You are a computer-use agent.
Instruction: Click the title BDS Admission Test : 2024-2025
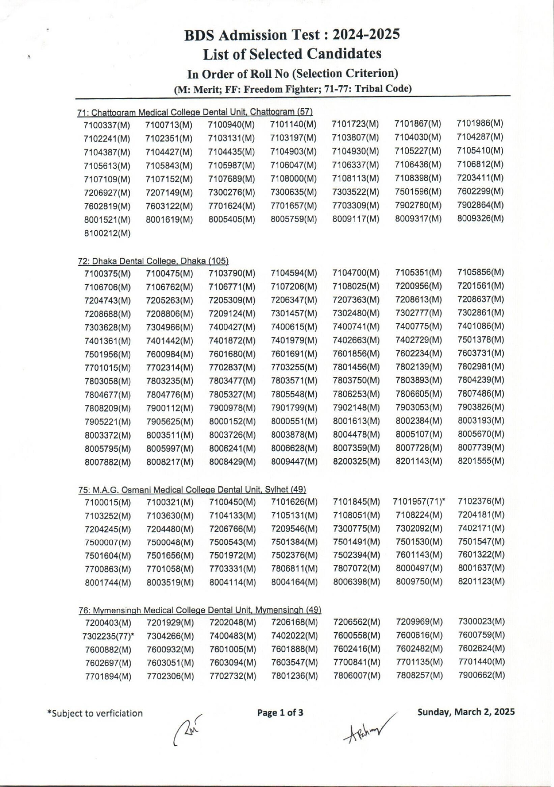point(292,35)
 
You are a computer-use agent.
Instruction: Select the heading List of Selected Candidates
point(292,54)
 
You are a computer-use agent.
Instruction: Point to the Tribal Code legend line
point(293,88)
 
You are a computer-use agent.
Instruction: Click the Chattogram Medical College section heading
point(194,111)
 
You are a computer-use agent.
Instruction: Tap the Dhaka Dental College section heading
point(153,261)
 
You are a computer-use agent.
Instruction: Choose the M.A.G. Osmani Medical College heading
point(192,490)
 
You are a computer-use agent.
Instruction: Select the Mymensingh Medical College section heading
point(200,610)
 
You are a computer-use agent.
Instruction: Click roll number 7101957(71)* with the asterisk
point(419,501)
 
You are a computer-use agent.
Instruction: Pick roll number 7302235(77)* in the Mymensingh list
point(108,636)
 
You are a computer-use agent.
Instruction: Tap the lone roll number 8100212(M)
point(107,233)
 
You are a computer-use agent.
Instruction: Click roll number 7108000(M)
point(294,179)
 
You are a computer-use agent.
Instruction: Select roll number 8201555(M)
point(480,461)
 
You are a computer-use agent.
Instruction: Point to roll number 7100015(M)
point(108,502)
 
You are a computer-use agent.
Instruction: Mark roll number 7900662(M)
point(481,675)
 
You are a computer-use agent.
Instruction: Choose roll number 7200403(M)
point(108,623)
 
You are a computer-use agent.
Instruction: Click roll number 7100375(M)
point(107,273)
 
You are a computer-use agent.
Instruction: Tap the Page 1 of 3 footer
point(280,712)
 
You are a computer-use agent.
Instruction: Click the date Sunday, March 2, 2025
point(466,712)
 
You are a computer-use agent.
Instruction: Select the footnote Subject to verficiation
point(95,713)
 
